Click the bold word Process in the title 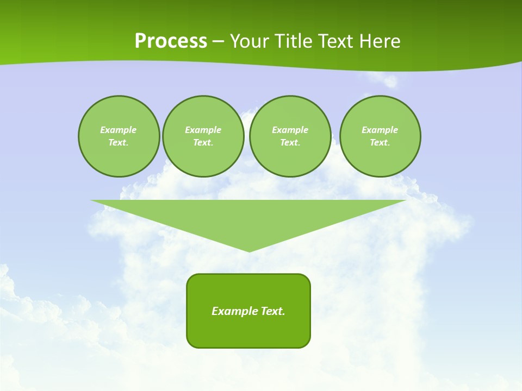(x=171, y=41)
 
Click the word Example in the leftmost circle (x=119, y=130)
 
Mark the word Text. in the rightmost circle (x=380, y=142)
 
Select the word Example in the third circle (x=290, y=130)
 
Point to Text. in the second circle (x=203, y=142)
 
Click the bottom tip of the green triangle (x=249, y=250)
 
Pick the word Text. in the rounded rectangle (x=273, y=311)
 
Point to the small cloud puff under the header (x=390, y=81)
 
